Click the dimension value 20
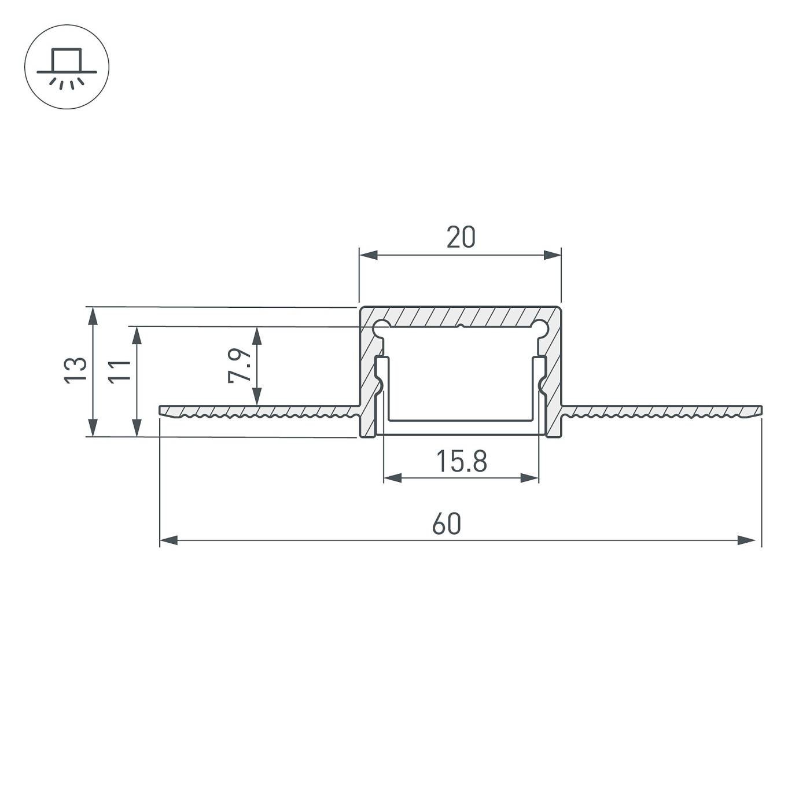[x=461, y=238]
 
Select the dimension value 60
[x=446, y=524]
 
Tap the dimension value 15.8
[x=461, y=462]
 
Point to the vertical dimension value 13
[x=75, y=370]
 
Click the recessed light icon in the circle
[x=67, y=67]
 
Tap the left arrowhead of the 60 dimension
[x=168, y=540]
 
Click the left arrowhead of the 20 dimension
[x=368, y=255]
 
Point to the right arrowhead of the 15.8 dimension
[x=530, y=478]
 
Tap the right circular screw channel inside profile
[x=541, y=329]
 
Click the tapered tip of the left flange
[x=163, y=410]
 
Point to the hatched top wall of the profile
[x=461, y=316]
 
